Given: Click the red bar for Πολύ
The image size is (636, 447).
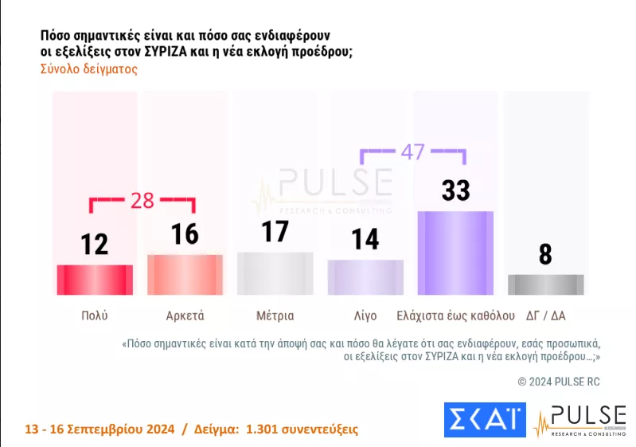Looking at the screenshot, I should click(x=95, y=280).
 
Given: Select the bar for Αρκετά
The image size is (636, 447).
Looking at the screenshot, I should click(x=185, y=275).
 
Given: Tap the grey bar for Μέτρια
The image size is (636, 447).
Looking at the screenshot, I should click(x=275, y=273).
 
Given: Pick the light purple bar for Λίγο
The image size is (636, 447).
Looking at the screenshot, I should click(x=365, y=277).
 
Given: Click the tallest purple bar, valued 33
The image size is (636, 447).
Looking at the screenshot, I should click(x=455, y=253).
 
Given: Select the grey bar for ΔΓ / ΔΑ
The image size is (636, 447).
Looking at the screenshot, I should click(x=545, y=284).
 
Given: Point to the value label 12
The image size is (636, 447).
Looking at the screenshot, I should click(x=95, y=243).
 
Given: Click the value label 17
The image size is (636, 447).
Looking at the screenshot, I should click(x=275, y=232).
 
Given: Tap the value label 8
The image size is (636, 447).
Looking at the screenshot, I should click(x=545, y=255).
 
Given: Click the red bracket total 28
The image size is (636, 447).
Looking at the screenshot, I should click(x=142, y=200).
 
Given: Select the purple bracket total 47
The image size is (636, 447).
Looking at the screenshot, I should click(x=412, y=152).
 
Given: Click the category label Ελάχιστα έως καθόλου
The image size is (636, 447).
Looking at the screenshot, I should click(x=455, y=315).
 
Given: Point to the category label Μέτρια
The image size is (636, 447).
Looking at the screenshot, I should click(x=275, y=315).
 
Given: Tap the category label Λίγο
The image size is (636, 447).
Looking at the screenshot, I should click(x=365, y=315).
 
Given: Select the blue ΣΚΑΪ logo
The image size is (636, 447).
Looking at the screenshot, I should click(x=485, y=420).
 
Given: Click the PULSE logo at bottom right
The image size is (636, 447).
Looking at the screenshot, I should click(x=581, y=420).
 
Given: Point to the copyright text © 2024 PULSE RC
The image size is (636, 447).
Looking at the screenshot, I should click(x=559, y=382).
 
